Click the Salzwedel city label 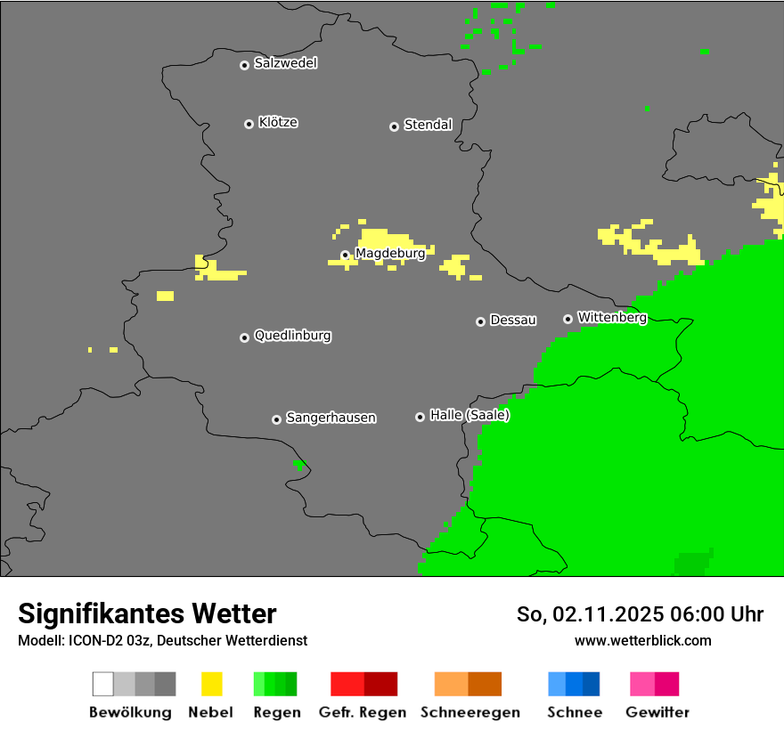pos(285,63)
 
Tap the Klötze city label pos(278,122)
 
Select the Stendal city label pos(428,125)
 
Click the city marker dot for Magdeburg pos(346,256)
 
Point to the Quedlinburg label pos(292,336)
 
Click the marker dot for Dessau pos(480,321)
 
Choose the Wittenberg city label pos(612,317)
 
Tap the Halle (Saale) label pos(470,415)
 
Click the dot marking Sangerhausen pos(276,419)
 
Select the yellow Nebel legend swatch pos(211,684)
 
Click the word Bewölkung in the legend pos(130,712)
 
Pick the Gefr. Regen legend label pos(363,712)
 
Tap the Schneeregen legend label pos(470,712)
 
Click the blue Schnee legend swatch pos(574,684)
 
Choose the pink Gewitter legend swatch pos(654,684)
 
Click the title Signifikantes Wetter pos(147,613)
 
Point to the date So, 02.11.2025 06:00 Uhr pos(640,614)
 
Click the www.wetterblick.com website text pos(642,640)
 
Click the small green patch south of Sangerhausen pos(299,465)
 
